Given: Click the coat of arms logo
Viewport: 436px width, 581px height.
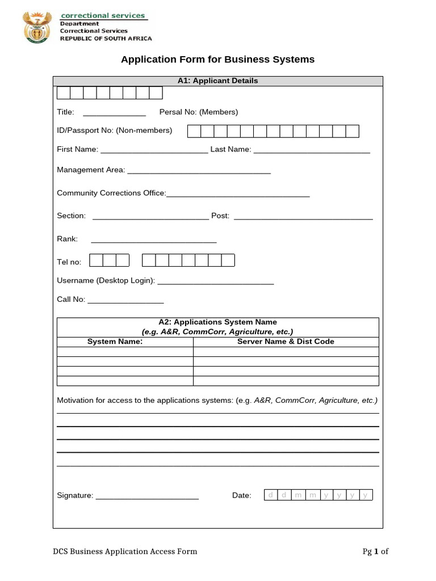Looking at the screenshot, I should [37, 27].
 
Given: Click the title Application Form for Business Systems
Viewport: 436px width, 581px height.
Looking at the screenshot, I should [217, 60].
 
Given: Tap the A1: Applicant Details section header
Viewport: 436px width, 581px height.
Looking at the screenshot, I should [217, 81].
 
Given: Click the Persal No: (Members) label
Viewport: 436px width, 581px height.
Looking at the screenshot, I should [199, 112].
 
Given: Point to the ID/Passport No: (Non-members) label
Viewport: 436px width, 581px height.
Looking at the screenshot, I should [114, 130].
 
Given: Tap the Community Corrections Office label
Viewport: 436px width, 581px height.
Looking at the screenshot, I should [111, 193].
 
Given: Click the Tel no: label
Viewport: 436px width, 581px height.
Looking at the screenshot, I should [69, 262].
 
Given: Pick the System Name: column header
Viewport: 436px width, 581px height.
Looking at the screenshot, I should [115, 342].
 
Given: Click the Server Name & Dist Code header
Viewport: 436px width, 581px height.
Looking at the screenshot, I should [286, 342].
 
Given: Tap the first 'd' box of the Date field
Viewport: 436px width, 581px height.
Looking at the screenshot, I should [271, 495].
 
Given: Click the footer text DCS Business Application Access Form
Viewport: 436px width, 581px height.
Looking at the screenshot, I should [125, 551].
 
